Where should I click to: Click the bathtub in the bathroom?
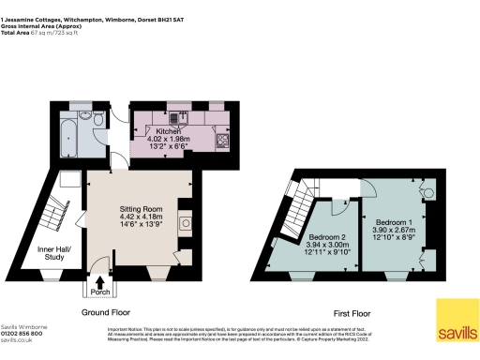pyautogui.click(x=71, y=133)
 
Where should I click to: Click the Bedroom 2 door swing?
pyautogui.click(x=328, y=212)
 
